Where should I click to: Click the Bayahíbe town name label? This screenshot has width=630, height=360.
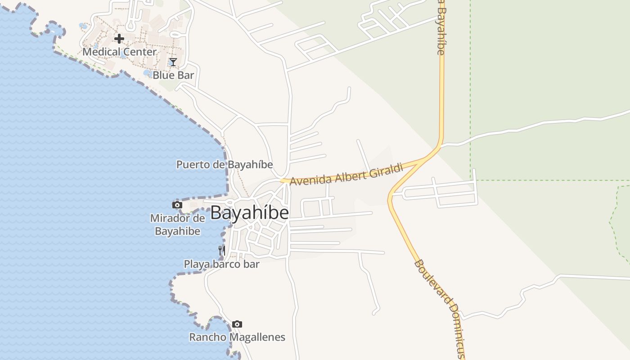(249, 212)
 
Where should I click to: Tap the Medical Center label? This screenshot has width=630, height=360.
(119, 52)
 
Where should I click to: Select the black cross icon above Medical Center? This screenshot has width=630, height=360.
(119, 39)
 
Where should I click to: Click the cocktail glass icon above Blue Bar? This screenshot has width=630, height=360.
(173, 62)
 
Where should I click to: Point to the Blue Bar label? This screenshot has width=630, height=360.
(173, 75)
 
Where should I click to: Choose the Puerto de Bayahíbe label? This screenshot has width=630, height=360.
(225, 165)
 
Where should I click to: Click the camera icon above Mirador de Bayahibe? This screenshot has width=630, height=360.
(177, 205)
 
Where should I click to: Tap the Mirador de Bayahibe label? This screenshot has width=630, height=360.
(177, 225)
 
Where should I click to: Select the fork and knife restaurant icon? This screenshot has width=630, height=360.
(222, 251)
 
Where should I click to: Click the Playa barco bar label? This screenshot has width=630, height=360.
(221, 264)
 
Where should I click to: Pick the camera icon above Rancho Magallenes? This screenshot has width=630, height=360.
(237, 324)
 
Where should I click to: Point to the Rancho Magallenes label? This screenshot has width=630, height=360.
(237, 337)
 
